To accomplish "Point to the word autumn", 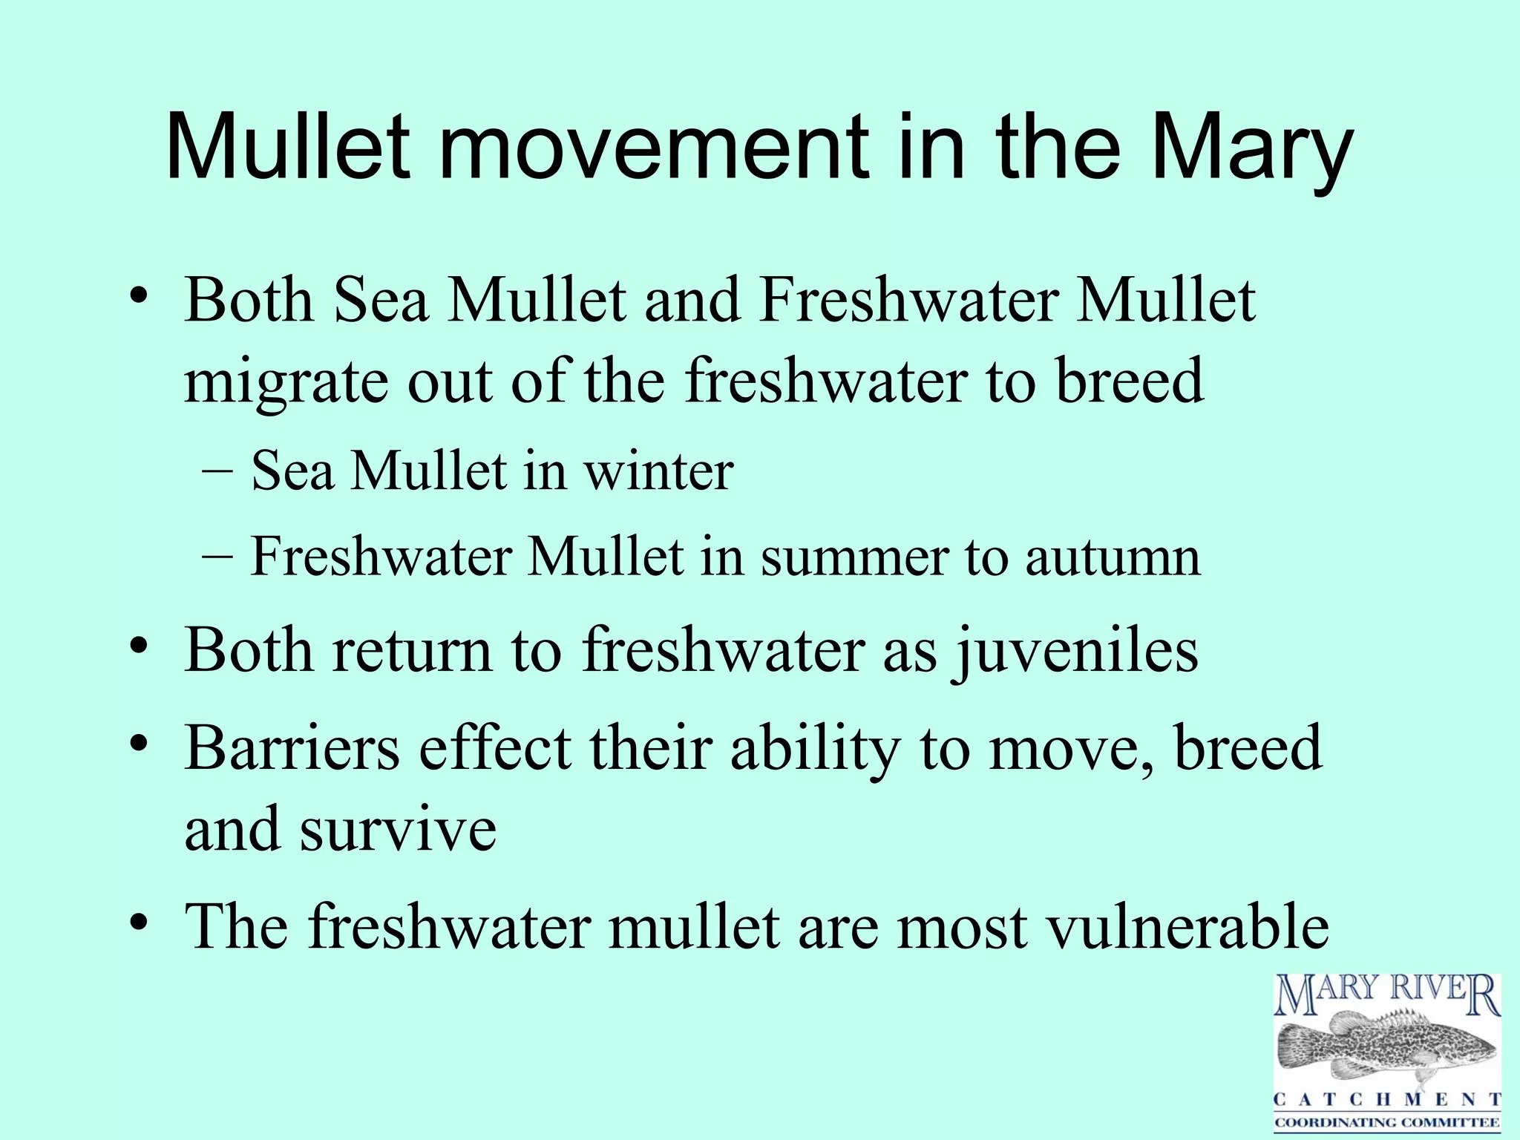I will pyautogui.click(x=1113, y=557).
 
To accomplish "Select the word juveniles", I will pyautogui.click(x=1076, y=650).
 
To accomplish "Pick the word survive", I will pyautogui.click(x=398, y=829).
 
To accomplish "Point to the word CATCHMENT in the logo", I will pyautogui.click(x=1387, y=1099).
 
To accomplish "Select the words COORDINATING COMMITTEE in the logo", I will pyautogui.click(x=1387, y=1122).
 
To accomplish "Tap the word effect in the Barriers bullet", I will pyautogui.click(x=496, y=747).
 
